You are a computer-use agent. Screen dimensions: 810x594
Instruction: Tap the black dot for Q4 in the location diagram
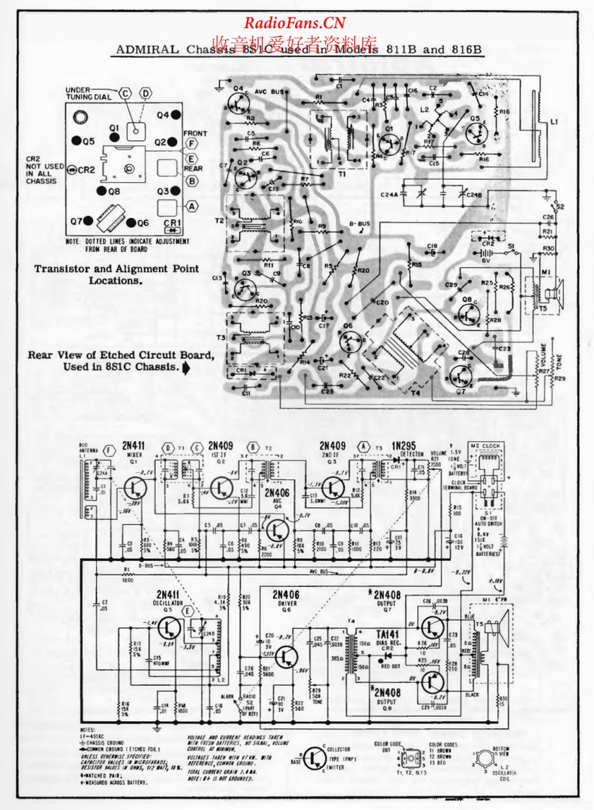pos(175,115)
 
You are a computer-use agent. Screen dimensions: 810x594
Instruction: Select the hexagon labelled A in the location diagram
pos(172,205)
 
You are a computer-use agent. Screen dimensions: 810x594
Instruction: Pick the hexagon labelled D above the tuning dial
pos(147,94)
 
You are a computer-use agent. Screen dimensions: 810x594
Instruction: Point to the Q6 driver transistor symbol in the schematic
pos(286,656)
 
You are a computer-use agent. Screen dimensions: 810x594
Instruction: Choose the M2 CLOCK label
pos(484,445)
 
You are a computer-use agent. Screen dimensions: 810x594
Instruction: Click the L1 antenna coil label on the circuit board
pos(554,123)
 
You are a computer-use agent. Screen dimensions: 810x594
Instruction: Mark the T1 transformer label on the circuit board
pos(342,174)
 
